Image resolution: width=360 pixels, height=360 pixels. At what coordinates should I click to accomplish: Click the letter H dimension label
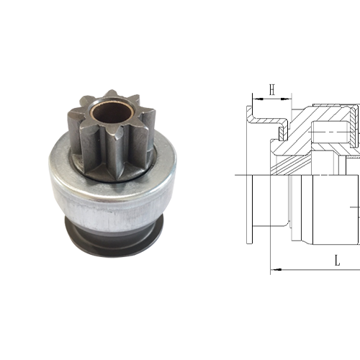[272, 89]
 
